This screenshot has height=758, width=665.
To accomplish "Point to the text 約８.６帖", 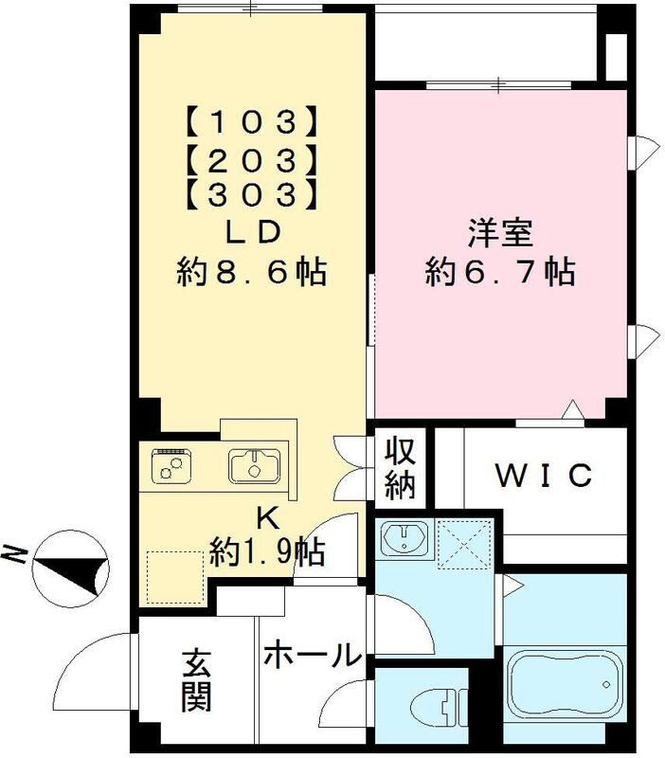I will (x=252, y=273).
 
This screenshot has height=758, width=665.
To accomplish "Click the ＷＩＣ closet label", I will (x=546, y=474).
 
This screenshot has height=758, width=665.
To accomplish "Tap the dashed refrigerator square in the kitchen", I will (x=175, y=576).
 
